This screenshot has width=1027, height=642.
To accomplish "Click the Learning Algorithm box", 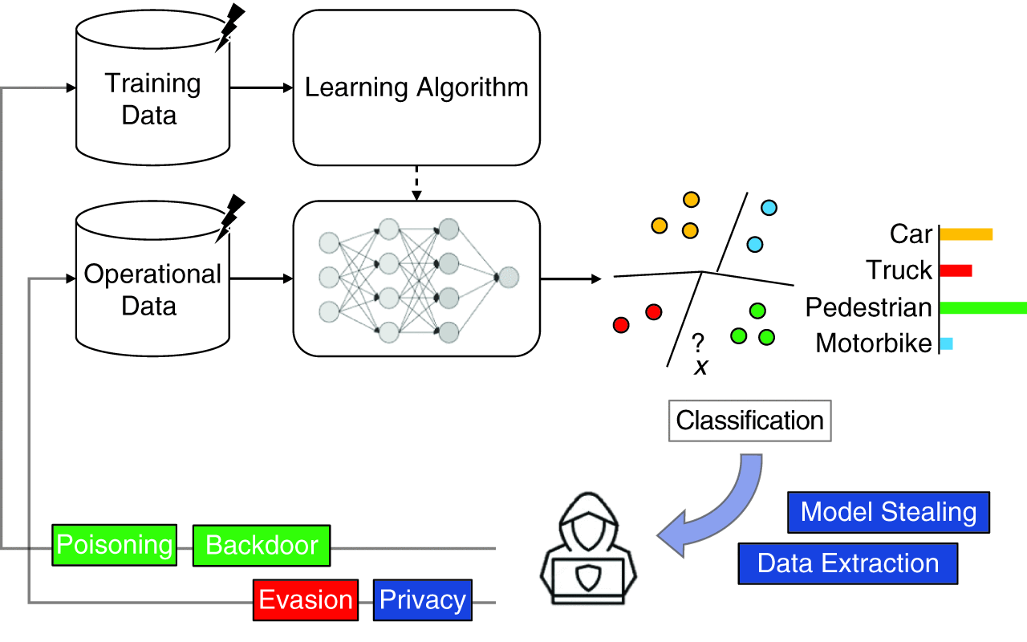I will coord(416,87).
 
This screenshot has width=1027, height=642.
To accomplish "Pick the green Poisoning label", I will coord(114,546).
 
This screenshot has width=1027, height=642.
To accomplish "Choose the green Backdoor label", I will coord(262,546).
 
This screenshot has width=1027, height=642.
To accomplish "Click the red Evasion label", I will coord(305,599).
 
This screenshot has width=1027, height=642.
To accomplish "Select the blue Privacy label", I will coord(423,599).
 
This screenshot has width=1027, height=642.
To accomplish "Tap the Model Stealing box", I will coord(888,512).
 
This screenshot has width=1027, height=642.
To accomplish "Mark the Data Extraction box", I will coord(848,563).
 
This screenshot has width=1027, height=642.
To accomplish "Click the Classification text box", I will coord(749,421).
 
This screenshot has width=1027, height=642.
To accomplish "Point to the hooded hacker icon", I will coord(591,546).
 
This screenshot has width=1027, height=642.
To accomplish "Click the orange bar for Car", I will coord(966,234).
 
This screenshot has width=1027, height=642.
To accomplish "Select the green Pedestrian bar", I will coord(983,307).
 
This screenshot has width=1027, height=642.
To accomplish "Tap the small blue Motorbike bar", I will coord(946,343).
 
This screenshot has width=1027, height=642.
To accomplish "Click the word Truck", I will coord(899,270).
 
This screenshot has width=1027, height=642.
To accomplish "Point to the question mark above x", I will coord(698,344).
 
